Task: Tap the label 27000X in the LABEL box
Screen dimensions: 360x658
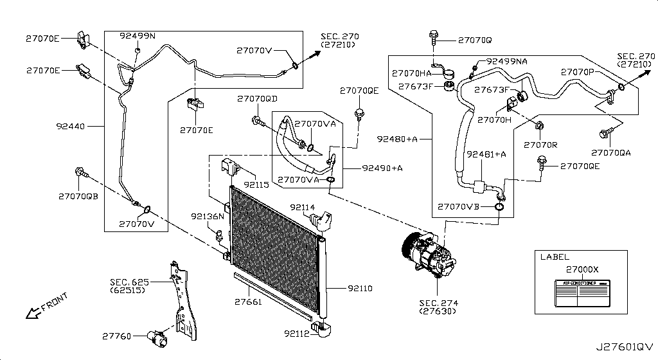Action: coord(582,269)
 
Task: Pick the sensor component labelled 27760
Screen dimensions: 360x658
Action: coord(156,336)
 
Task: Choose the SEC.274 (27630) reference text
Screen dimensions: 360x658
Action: coord(440,307)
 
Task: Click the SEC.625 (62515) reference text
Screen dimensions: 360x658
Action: coord(129,285)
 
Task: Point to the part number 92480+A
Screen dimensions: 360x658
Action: coord(397,138)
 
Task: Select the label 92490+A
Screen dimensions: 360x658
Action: coord(382,168)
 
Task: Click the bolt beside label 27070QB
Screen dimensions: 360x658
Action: coord(82,172)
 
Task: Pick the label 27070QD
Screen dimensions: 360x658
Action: coord(257,99)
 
